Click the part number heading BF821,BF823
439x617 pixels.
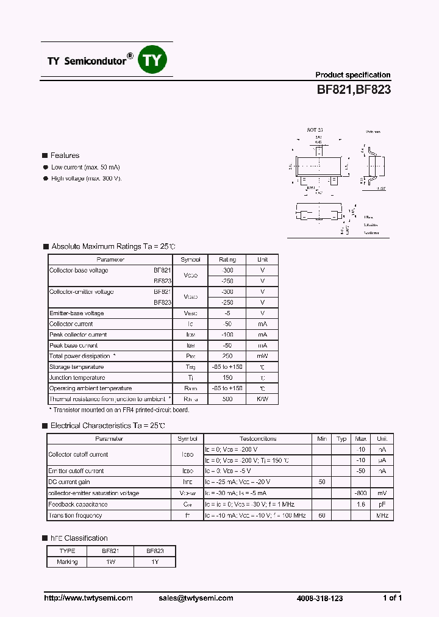[353, 90]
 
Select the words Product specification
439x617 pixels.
[352, 75]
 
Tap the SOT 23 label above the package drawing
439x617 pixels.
[315, 130]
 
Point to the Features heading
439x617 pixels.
[65, 155]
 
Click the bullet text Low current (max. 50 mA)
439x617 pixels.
[85, 167]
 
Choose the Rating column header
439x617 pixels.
[227, 260]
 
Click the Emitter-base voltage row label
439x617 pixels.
[77, 313]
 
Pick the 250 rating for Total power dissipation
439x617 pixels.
[227, 356]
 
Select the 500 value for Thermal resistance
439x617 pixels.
[227, 399]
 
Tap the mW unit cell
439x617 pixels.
[262, 356]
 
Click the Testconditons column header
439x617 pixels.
[258, 439]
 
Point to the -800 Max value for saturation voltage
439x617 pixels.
[361, 493]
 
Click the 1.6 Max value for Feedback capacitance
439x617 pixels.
[361, 504]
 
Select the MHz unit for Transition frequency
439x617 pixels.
[382, 515]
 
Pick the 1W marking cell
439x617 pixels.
[110, 562]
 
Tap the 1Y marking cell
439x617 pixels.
[155, 562]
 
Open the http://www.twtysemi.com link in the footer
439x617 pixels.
[88, 598]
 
